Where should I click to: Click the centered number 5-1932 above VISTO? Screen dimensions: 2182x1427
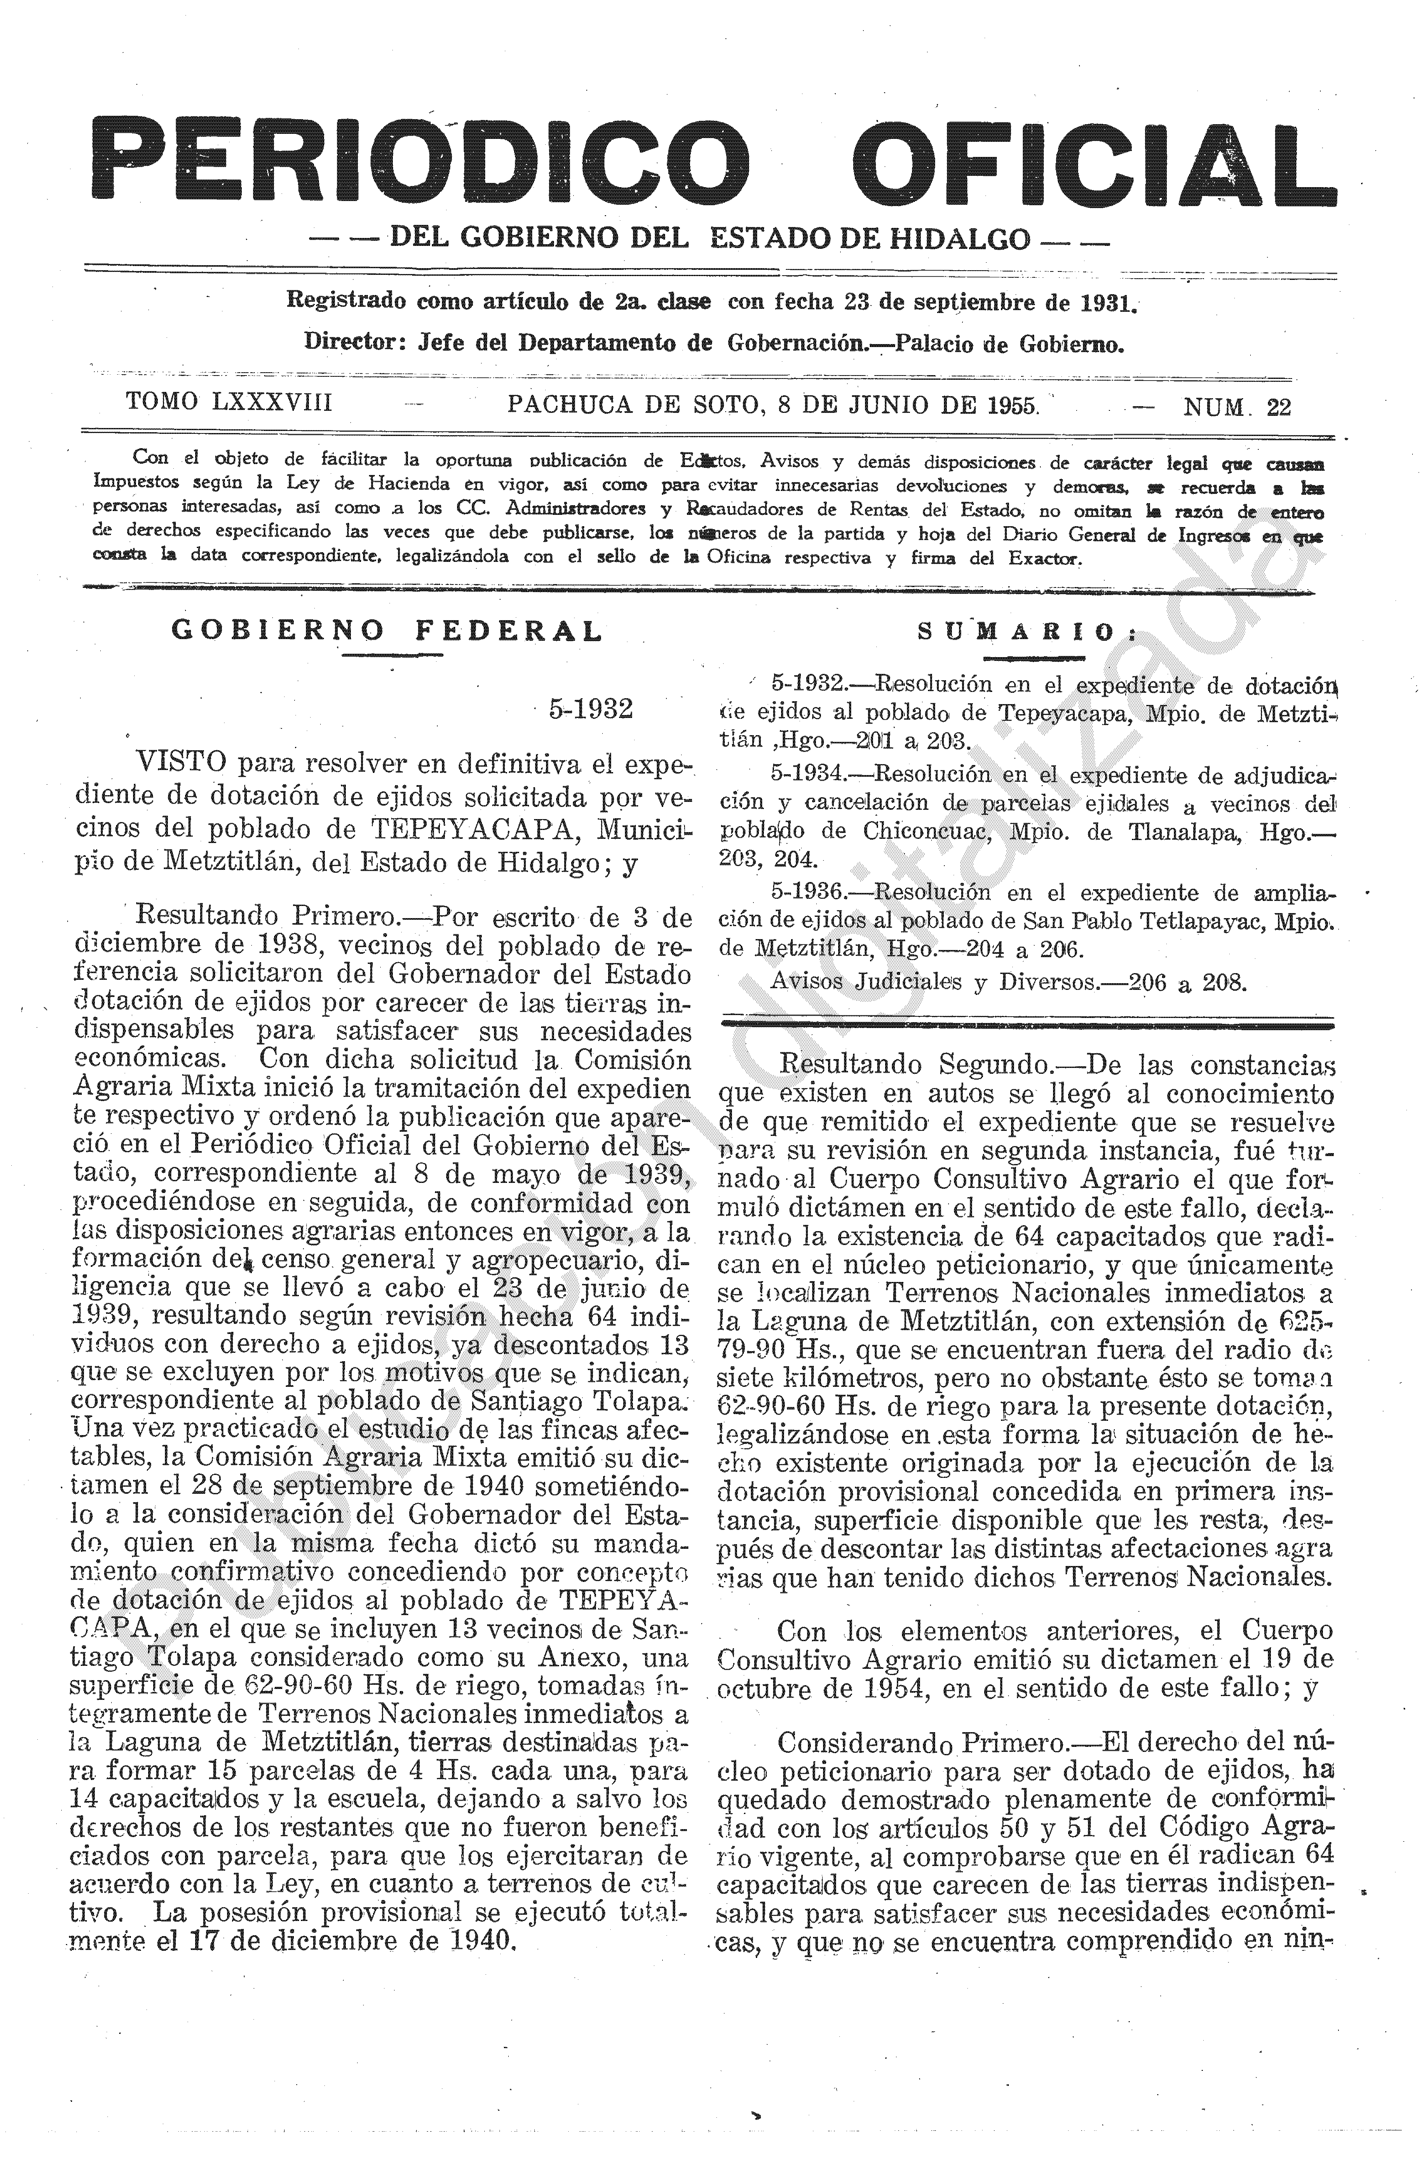(591, 710)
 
